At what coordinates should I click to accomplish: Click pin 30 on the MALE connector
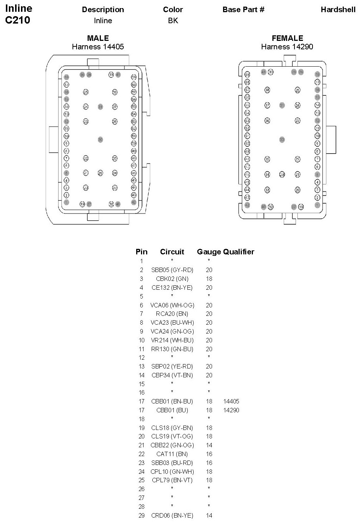[x=100, y=140]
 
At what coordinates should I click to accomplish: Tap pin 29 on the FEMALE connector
[x=282, y=174]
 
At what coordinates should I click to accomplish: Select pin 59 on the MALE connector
[x=134, y=77]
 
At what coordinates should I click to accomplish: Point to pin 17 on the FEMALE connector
[x=317, y=82]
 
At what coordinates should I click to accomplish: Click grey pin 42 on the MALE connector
[x=134, y=202]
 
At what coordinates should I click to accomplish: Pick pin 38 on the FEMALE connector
[x=267, y=90]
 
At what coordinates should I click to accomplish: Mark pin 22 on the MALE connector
[x=86, y=158]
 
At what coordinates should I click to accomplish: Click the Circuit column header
[x=172, y=252]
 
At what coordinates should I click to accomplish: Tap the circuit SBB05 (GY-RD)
[x=172, y=270]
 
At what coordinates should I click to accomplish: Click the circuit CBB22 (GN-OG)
[x=172, y=445]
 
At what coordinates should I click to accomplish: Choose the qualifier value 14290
[x=231, y=410]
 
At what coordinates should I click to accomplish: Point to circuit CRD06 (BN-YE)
[x=172, y=515]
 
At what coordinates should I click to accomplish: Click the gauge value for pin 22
[x=209, y=454]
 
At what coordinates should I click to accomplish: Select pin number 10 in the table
[x=142, y=340]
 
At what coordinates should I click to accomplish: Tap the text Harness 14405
[x=98, y=47]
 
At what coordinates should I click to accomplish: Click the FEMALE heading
[x=287, y=38]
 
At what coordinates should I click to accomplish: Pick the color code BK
[x=173, y=21]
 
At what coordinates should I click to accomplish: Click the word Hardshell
[x=338, y=10]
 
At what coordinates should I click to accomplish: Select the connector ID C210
[x=18, y=20]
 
